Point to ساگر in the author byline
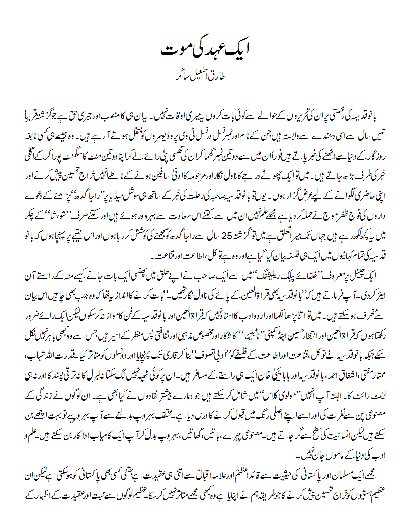click(x=183, y=79)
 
